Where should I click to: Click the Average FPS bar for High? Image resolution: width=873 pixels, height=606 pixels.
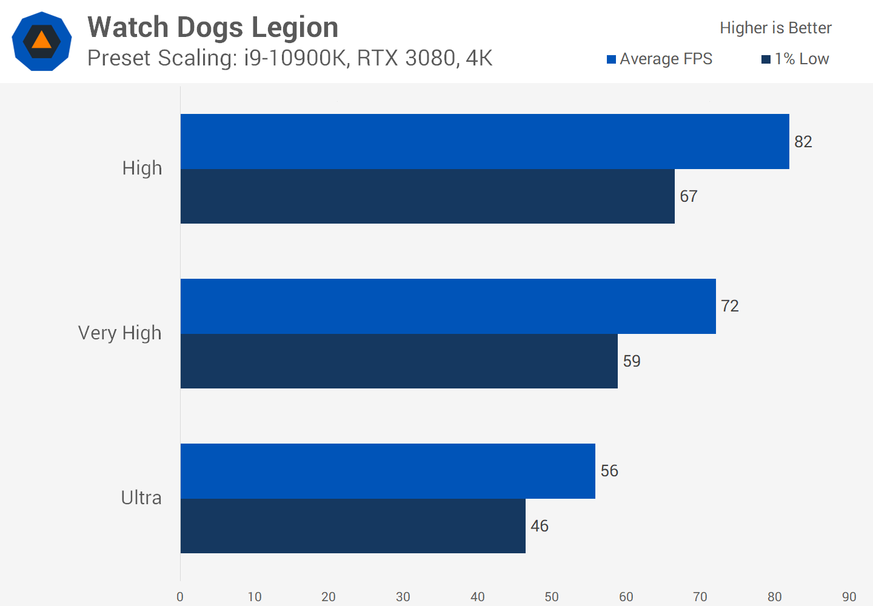click(485, 141)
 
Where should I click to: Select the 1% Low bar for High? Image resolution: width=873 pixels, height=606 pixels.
click(427, 196)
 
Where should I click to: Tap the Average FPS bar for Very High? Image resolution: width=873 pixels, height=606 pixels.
click(448, 306)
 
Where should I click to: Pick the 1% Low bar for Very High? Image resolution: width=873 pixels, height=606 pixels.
click(399, 361)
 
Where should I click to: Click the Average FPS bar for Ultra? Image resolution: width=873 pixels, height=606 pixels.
click(388, 471)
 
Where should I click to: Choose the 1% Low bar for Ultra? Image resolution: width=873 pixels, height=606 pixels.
click(353, 526)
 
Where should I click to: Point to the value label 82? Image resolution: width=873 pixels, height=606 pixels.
click(803, 142)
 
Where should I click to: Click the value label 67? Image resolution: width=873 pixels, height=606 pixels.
click(689, 196)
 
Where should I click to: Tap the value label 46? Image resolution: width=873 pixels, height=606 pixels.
click(540, 526)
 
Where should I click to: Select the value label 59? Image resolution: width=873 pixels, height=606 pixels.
click(632, 361)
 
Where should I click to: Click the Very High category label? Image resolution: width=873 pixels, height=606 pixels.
click(120, 333)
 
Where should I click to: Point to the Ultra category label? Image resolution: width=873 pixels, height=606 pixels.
click(141, 498)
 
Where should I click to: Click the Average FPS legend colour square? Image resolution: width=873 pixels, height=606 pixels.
click(612, 59)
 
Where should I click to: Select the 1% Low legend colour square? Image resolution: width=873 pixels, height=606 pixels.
click(766, 59)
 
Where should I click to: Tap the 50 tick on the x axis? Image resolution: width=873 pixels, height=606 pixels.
click(552, 597)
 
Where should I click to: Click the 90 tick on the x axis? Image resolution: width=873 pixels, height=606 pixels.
click(849, 597)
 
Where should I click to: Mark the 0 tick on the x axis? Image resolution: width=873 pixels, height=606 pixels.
click(180, 597)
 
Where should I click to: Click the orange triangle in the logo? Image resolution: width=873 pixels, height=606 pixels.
click(41, 40)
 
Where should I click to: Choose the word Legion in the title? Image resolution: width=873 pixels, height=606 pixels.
click(295, 27)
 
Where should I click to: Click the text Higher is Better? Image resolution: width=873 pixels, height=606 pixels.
click(775, 28)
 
